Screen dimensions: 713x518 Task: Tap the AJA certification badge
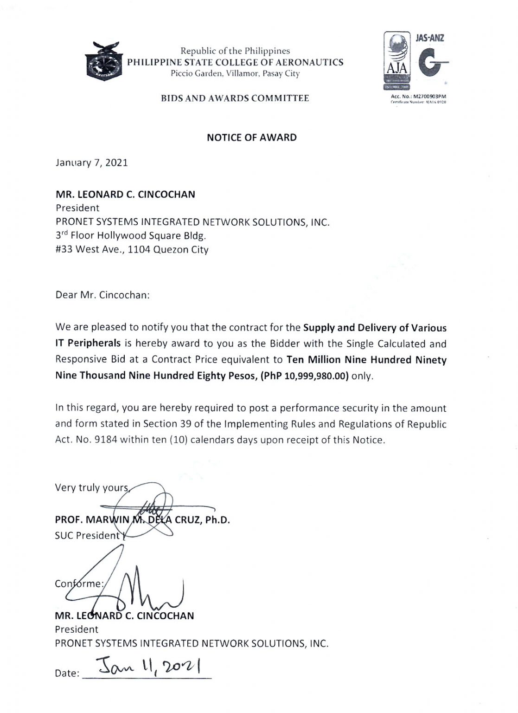point(397,61)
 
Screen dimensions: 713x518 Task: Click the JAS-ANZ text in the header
point(429,38)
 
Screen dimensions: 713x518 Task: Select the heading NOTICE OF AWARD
point(251,137)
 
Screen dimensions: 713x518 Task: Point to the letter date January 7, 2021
point(91,163)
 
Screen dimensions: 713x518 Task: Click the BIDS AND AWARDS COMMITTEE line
point(235,98)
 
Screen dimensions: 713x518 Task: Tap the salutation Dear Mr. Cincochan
point(102,295)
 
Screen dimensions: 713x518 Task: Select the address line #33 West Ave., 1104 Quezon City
point(132,249)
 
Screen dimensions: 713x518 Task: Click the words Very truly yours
point(92,487)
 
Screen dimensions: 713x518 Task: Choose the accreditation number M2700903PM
point(424,96)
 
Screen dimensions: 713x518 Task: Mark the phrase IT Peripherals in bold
point(88,344)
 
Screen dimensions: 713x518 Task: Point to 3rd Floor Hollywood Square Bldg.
point(131,235)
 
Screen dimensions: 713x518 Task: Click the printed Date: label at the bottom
point(67,673)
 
